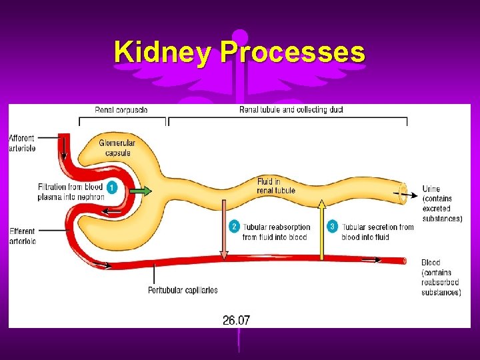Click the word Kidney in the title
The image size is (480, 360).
163,52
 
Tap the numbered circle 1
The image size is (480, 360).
113,188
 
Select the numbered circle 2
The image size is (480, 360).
233,227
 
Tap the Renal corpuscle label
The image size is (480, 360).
121,109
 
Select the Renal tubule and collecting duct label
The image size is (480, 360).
291,109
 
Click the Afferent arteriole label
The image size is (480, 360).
22,143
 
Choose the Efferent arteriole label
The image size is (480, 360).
22,236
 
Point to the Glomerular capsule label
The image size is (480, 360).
117,148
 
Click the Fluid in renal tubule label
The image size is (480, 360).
275,186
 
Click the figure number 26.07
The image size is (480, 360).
236,321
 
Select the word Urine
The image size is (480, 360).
431,189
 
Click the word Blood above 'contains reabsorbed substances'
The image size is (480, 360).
431,263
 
